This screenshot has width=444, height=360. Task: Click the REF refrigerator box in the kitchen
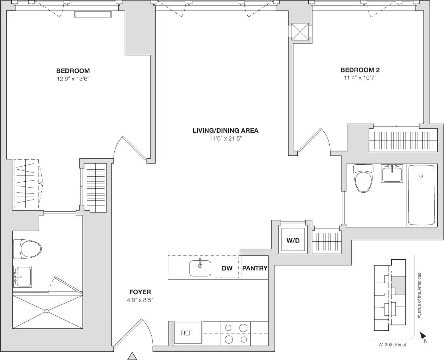tap(187, 333)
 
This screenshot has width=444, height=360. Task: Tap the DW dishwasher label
tap(227, 268)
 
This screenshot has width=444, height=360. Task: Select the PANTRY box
tap(255, 268)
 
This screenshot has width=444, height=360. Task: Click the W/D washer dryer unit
tap(293, 241)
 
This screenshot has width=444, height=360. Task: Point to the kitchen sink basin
tap(200, 268)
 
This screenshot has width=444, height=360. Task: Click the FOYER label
tap(140, 292)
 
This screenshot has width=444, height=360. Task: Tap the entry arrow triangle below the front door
tap(133, 356)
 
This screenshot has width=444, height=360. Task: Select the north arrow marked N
tap(423, 336)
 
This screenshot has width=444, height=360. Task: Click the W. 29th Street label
tap(392, 344)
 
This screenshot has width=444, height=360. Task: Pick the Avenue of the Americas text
tap(420, 295)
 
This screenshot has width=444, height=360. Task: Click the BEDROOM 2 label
tap(360, 70)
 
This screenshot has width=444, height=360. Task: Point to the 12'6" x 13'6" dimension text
tap(73, 78)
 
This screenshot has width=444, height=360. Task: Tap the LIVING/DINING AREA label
tap(225, 131)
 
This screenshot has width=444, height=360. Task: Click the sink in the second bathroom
tap(392, 174)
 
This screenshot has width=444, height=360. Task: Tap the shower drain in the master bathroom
tap(46, 311)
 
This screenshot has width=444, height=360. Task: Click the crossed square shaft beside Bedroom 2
tap(301, 32)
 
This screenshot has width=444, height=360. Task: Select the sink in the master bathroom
tap(22, 276)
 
